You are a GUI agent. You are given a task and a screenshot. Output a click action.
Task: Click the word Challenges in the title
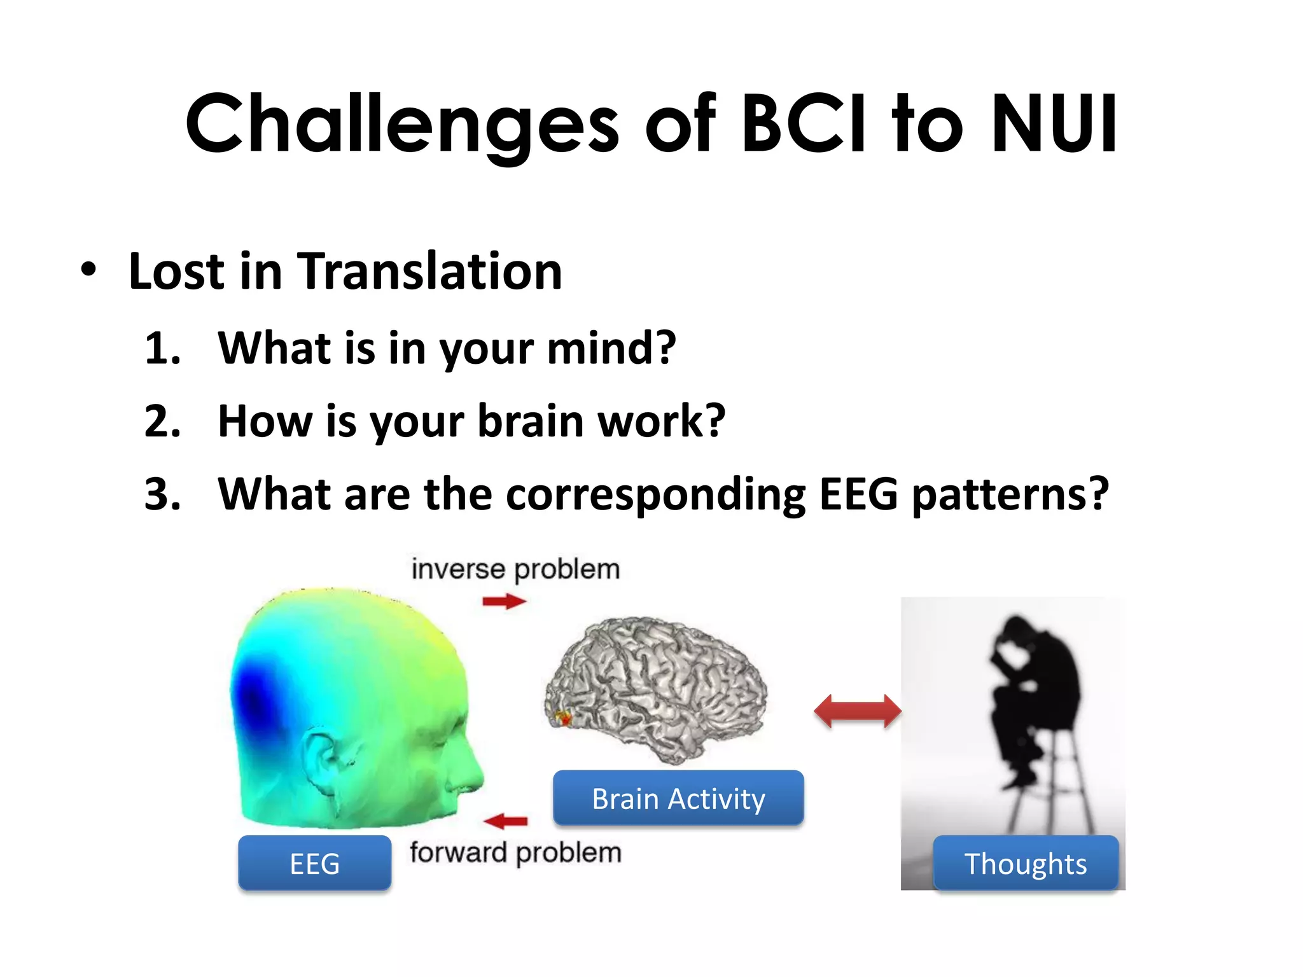tap(401, 124)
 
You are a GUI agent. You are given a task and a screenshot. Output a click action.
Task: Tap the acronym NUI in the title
tap(1053, 124)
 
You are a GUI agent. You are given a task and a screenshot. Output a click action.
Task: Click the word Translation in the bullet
tap(429, 272)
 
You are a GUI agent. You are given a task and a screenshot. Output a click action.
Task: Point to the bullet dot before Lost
tap(89, 270)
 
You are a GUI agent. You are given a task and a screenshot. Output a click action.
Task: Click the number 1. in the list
tap(163, 349)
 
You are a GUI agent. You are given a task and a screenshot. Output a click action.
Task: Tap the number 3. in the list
tap(163, 494)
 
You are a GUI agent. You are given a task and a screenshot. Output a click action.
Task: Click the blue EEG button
tap(314, 864)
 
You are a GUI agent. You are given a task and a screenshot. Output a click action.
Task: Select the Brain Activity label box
tap(678, 799)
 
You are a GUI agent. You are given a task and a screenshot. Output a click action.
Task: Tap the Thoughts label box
tap(1026, 864)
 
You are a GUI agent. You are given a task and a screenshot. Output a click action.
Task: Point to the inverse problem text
tap(515, 569)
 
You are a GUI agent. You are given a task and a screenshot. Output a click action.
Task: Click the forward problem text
tap(515, 852)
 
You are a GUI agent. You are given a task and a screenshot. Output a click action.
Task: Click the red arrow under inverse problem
tap(504, 601)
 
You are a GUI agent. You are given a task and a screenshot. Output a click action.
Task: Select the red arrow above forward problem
tap(506, 821)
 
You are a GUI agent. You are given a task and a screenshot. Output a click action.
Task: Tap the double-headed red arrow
tap(858, 711)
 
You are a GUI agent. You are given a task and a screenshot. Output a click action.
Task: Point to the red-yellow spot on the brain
tap(562, 719)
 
